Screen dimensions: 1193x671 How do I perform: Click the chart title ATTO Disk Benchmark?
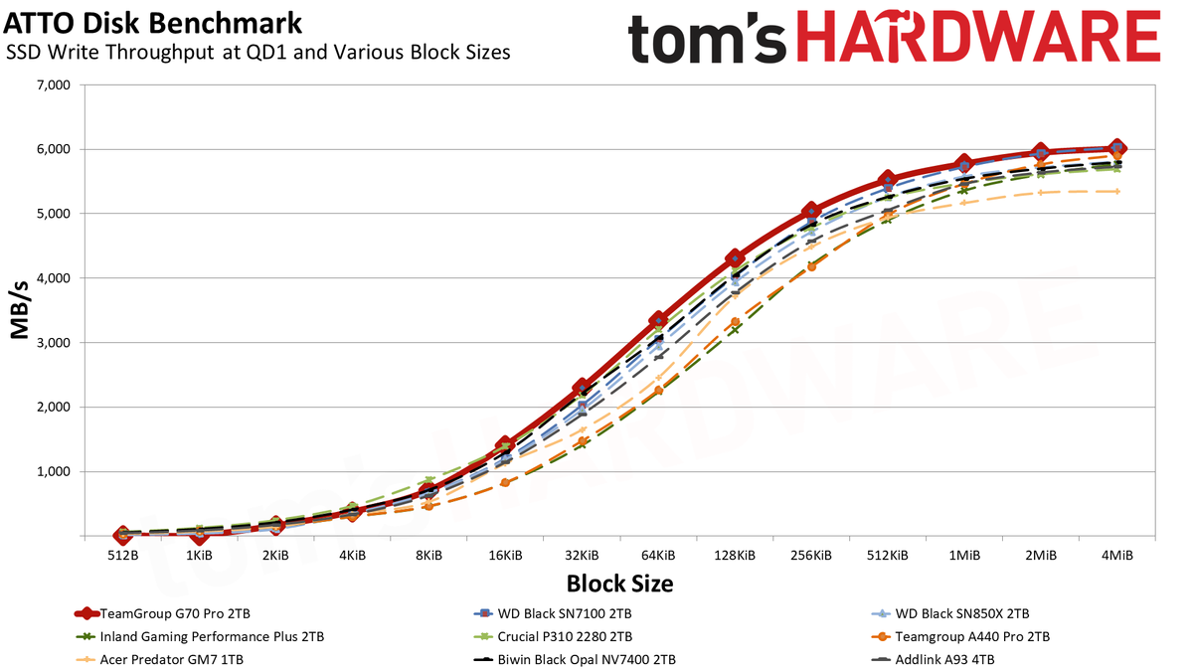(152, 24)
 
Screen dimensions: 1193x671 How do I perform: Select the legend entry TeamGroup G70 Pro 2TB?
(162, 613)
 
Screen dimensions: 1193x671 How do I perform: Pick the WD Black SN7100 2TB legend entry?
(553, 613)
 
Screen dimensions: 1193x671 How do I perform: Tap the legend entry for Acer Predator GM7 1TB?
(160, 660)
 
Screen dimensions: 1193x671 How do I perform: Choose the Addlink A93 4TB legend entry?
(933, 660)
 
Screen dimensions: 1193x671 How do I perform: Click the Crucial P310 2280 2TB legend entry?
(553, 637)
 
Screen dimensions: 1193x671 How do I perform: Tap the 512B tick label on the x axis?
(123, 556)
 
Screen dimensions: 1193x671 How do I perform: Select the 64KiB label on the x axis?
(659, 556)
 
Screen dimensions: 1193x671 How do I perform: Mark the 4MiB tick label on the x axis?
(1117, 556)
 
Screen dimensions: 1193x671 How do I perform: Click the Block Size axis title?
(620, 584)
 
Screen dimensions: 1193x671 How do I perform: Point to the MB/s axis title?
(20, 310)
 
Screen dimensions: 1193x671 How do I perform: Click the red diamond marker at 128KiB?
(735, 258)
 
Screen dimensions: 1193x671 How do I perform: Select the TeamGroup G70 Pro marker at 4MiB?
(1117, 148)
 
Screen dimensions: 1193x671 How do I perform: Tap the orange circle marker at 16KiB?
(506, 482)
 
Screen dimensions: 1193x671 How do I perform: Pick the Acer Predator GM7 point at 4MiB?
(1117, 191)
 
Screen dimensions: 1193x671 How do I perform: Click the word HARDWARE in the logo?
(979, 38)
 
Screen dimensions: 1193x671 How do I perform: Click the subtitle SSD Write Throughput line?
(257, 52)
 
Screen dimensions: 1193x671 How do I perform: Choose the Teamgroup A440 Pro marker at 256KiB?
(811, 266)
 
